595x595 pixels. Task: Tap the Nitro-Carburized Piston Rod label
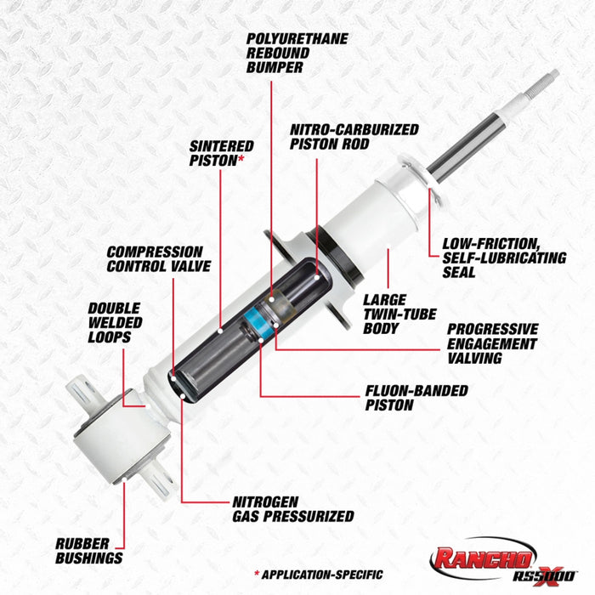[354, 138]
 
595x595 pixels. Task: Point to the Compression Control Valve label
[155, 259]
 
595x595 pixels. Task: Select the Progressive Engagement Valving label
[492, 343]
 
